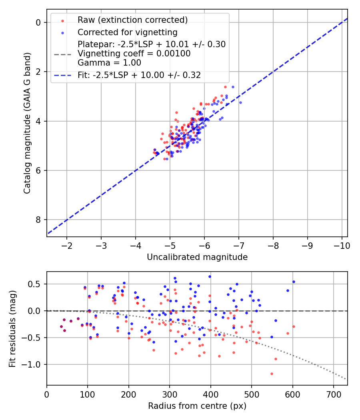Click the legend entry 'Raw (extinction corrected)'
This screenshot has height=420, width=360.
click(x=132, y=20)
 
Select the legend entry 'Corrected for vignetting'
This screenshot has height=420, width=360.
click(x=127, y=32)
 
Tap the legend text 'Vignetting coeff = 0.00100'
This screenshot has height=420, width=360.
click(x=134, y=54)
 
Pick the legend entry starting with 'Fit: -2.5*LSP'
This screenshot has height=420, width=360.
click(x=139, y=75)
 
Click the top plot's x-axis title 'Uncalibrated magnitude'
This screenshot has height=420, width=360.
click(x=197, y=257)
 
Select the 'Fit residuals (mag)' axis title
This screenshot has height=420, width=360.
click(x=12, y=328)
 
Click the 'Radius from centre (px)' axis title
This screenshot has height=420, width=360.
click(x=197, y=406)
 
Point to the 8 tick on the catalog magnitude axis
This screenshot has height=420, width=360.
click(x=38, y=220)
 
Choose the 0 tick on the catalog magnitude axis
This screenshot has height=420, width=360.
click(x=38, y=22)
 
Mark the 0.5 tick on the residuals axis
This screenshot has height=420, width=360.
click(x=36, y=284)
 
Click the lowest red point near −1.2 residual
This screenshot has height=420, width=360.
click(x=272, y=374)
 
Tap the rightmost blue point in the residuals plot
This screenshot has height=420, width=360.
click(x=294, y=282)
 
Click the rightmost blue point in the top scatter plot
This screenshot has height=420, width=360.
click(x=240, y=102)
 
